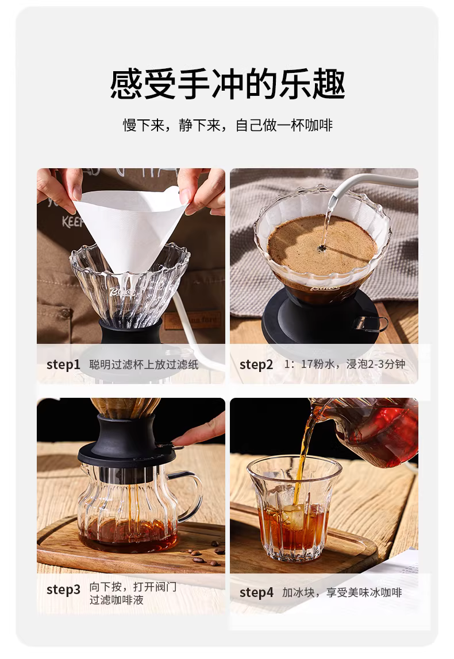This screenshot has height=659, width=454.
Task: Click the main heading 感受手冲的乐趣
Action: pos(227,84)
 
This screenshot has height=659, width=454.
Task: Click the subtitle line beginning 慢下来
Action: pos(228,125)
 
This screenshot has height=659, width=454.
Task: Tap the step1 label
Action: pos(63,365)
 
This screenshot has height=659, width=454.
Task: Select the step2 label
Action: pos(256,365)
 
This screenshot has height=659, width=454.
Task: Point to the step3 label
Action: pos(63,589)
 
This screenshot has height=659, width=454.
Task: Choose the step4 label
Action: pos(256,592)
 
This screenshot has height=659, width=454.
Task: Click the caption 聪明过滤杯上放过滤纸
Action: pos(144,365)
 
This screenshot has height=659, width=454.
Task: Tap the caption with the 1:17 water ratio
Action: pos(345,364)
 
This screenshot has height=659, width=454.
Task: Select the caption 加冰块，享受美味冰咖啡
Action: pos(342,592)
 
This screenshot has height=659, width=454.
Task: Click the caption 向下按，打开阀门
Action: pos(133,587)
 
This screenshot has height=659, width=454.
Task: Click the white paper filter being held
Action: pos(130,227)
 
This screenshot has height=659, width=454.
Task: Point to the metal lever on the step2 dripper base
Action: pos(370,323)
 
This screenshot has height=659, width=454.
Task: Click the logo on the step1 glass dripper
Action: pos(122,291)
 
